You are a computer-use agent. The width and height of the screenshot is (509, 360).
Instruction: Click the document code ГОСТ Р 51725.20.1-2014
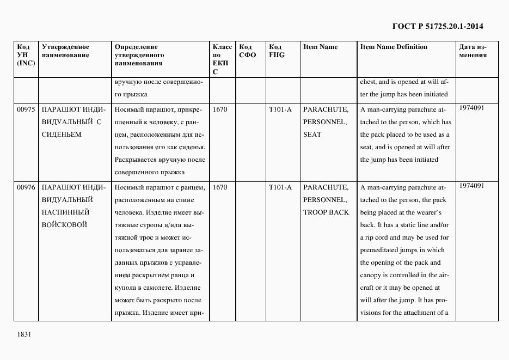(438, 26)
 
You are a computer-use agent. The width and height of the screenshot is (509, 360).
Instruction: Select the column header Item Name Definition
(394, 47)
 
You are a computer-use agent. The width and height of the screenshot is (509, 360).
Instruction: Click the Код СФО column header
(247, 51)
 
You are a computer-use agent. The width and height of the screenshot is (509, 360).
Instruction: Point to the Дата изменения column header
(473, 51)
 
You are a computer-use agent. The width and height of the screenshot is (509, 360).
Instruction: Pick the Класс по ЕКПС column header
(222, 59)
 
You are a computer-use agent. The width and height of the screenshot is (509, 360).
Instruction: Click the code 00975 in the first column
(26, 109)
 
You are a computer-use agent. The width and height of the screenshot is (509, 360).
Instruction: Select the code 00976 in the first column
(26, 187)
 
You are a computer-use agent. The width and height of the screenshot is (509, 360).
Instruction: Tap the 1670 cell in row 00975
(220, 109)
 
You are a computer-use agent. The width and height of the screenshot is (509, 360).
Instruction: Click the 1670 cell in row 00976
(220, 187)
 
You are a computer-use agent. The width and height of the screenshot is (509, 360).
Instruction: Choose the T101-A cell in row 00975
(280, 109)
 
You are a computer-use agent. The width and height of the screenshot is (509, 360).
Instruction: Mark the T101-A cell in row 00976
(280, 187)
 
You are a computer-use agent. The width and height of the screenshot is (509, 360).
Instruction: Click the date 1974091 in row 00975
(471, 108)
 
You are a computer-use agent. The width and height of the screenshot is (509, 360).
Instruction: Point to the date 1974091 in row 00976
(471, 186)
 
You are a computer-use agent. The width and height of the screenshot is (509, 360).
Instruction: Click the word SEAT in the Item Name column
(312, 135)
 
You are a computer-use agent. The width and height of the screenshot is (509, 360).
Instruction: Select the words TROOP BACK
(326, 212)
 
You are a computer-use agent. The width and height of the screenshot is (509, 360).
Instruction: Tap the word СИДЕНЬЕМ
(62, 135)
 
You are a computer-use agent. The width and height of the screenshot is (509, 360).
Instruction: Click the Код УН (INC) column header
(26, 55)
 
